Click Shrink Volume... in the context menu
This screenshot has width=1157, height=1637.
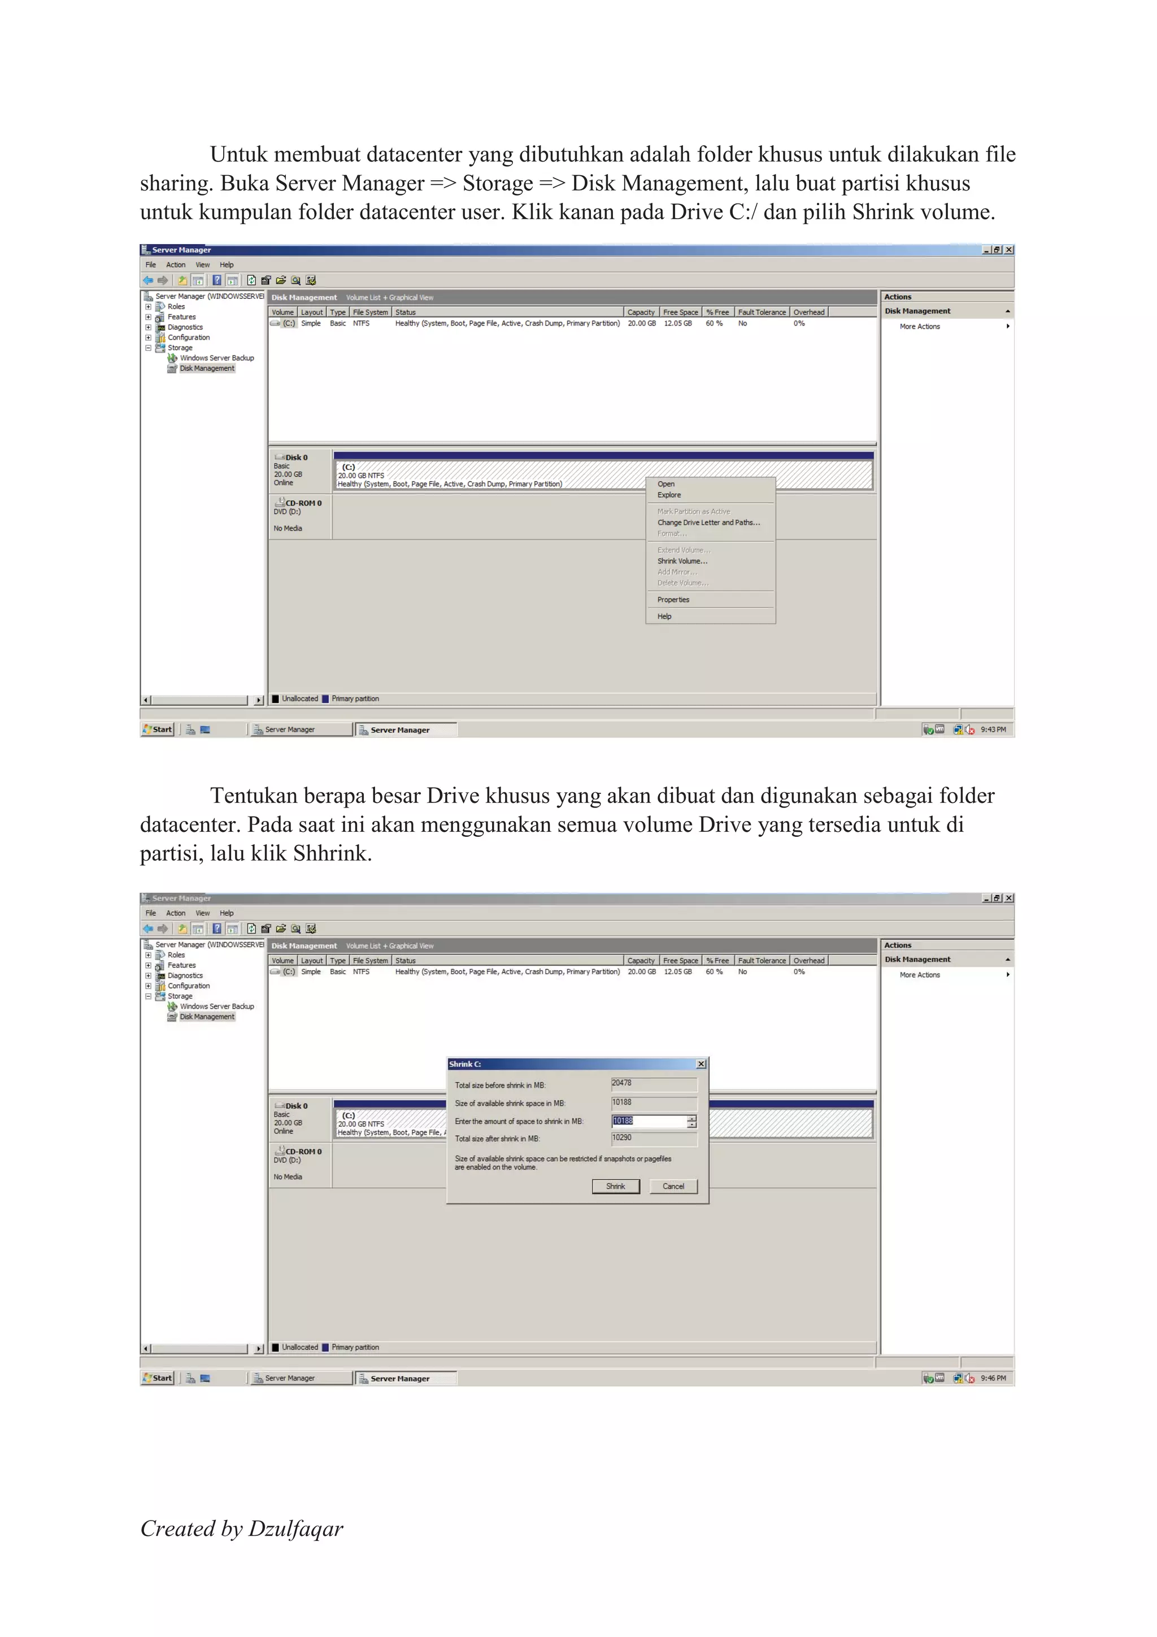[681, 561]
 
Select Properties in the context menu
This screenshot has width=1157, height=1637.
[673, 600]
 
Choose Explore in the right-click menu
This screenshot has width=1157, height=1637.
[669, 495]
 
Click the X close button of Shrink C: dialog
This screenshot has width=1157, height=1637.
[701, 1064]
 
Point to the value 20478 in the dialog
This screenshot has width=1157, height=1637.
[621, 1083]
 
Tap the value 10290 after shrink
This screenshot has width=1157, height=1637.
[621, 1138]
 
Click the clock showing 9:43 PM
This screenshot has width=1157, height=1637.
[993, 730]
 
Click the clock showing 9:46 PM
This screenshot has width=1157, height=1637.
[993, 1378]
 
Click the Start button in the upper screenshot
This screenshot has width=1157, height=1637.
[158, 730]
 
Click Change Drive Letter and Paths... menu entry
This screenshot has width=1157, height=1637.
[708, 523]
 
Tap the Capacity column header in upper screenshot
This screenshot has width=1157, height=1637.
[640, 312]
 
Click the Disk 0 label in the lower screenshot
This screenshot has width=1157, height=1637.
[296, 1106]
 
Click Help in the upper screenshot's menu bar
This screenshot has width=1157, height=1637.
[227, 264]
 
